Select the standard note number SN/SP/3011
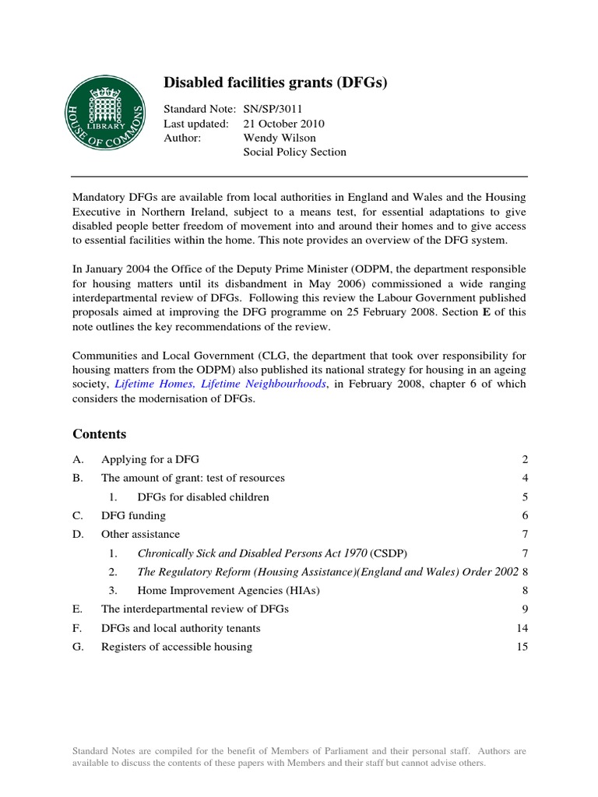[x=281, y=109]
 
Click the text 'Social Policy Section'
[x=295, y=152]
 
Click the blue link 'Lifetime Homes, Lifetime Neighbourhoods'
[x=220, y=384]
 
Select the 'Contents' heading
[x=99, y=434]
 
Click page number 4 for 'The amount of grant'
[x=526, y=478]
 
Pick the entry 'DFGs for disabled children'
[x=203, y=497]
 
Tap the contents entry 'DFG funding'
[x=133, y=515]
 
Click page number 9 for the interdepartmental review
[x=526, y=609]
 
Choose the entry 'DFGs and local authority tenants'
[x=181, y=628]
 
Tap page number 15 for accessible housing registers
[x=522, y=647]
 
